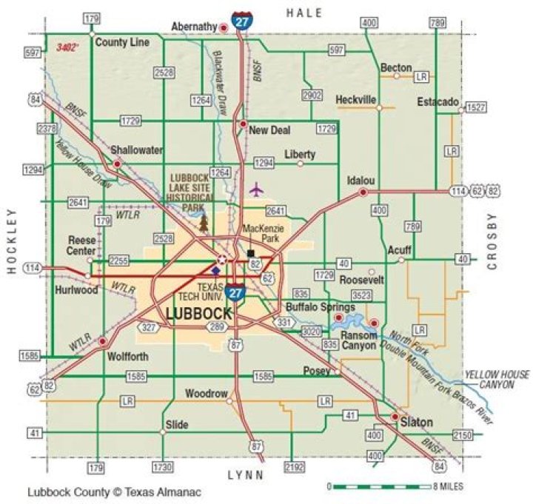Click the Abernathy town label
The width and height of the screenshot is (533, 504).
194,27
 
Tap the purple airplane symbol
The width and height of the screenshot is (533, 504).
256,189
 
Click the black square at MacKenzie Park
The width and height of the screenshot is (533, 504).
250,253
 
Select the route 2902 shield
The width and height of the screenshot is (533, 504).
312,95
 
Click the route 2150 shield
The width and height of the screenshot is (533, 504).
463,434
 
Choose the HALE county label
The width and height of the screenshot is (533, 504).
304,13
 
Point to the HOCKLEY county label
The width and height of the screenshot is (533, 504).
12,241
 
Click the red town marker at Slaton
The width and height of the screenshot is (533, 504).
394,417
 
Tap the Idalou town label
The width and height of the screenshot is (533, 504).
361,181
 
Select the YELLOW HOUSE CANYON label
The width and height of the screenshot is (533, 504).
497,380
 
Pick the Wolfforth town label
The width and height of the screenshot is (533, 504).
127,356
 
